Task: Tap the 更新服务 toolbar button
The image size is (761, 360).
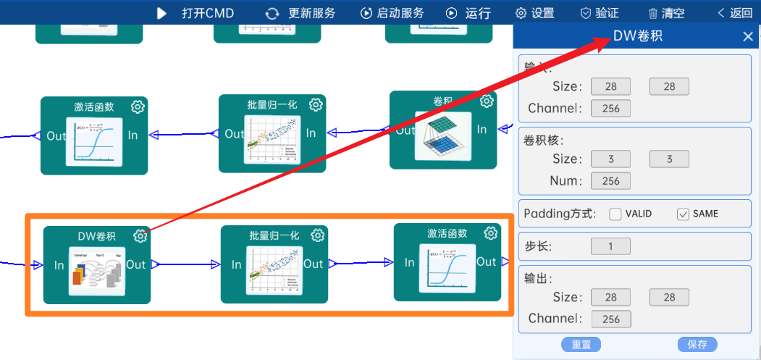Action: pos(300,13)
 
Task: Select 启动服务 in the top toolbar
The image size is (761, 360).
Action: pos(392,13)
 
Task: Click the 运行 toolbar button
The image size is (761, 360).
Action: pos(468,13)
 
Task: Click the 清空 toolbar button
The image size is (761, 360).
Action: pos(665,13)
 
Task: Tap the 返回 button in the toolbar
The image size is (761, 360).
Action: pos(735,13)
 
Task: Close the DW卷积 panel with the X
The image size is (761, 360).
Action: pos(748,37)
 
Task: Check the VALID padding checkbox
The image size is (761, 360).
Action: pos(615,214)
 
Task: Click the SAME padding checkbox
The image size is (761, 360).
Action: pos(683,214)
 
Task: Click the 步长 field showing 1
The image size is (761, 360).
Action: pos(610,246)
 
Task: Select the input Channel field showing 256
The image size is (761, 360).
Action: pos(610,109)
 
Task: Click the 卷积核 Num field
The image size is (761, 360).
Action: pos(610,181)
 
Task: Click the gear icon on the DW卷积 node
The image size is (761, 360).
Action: pos(140,236)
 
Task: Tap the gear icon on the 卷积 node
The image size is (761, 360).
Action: pos(487,101)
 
